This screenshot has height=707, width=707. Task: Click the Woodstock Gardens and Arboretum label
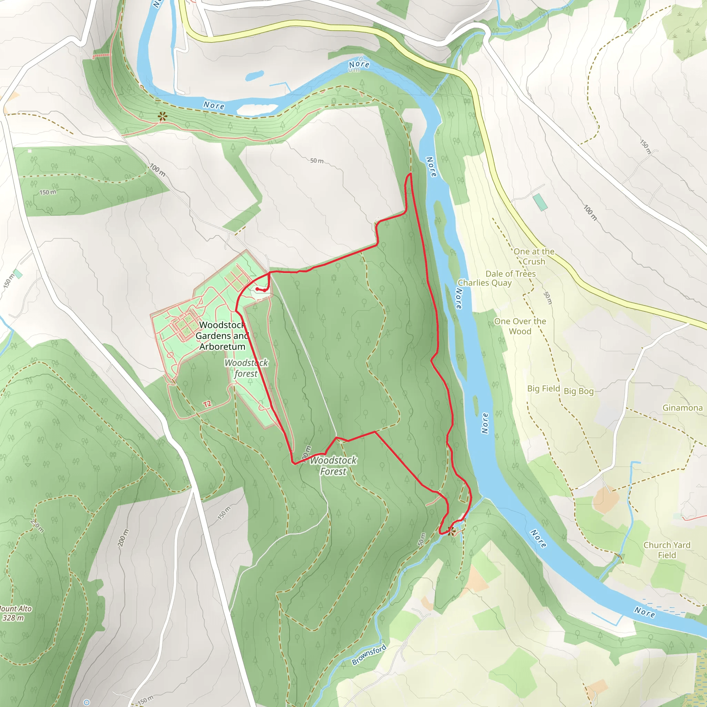point(222,336)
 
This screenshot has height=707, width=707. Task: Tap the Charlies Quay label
point(484,283)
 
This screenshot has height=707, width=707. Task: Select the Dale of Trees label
point(511,274)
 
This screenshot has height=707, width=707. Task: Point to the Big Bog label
point(578,391)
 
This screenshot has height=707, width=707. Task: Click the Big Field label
point(543,389)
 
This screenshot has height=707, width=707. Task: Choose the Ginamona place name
point(682,408)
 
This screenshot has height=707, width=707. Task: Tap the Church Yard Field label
point(667,550)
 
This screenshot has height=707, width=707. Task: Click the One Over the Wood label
point(520,326)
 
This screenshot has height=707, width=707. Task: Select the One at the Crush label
point(534,256)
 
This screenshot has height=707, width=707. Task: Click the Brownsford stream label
point(369,655)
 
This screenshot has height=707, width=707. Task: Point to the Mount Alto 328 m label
point(14,613)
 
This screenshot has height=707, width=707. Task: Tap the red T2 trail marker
point(207,404)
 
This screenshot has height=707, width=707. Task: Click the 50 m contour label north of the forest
point(317,161)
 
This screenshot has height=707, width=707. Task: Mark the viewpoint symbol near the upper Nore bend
point(163,117)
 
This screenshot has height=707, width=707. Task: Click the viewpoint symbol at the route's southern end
point(452,531)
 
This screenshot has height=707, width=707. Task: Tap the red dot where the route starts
point(257,289)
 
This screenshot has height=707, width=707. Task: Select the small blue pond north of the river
point(254,75)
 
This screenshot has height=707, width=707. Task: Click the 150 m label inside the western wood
point(48,192)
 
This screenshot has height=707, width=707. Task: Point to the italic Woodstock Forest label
point(333,466)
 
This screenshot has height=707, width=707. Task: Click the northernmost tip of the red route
point(410,174)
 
